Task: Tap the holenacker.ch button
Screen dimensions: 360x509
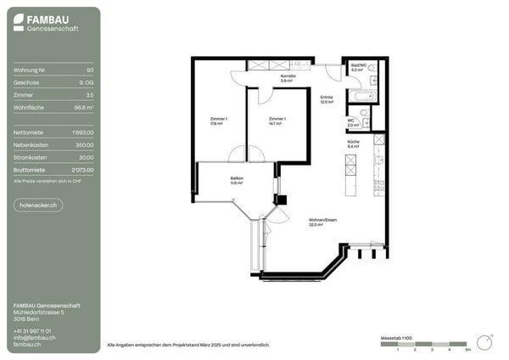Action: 38,205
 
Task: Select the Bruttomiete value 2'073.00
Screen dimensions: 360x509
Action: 82,170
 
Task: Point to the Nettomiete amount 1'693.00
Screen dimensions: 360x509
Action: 82,132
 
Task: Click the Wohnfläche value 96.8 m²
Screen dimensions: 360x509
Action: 83,108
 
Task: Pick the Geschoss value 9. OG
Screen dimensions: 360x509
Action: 86,83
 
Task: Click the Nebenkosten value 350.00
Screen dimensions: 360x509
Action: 85,145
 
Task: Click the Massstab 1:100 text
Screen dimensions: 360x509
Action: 395,337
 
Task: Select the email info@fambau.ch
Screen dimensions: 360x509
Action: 35,337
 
